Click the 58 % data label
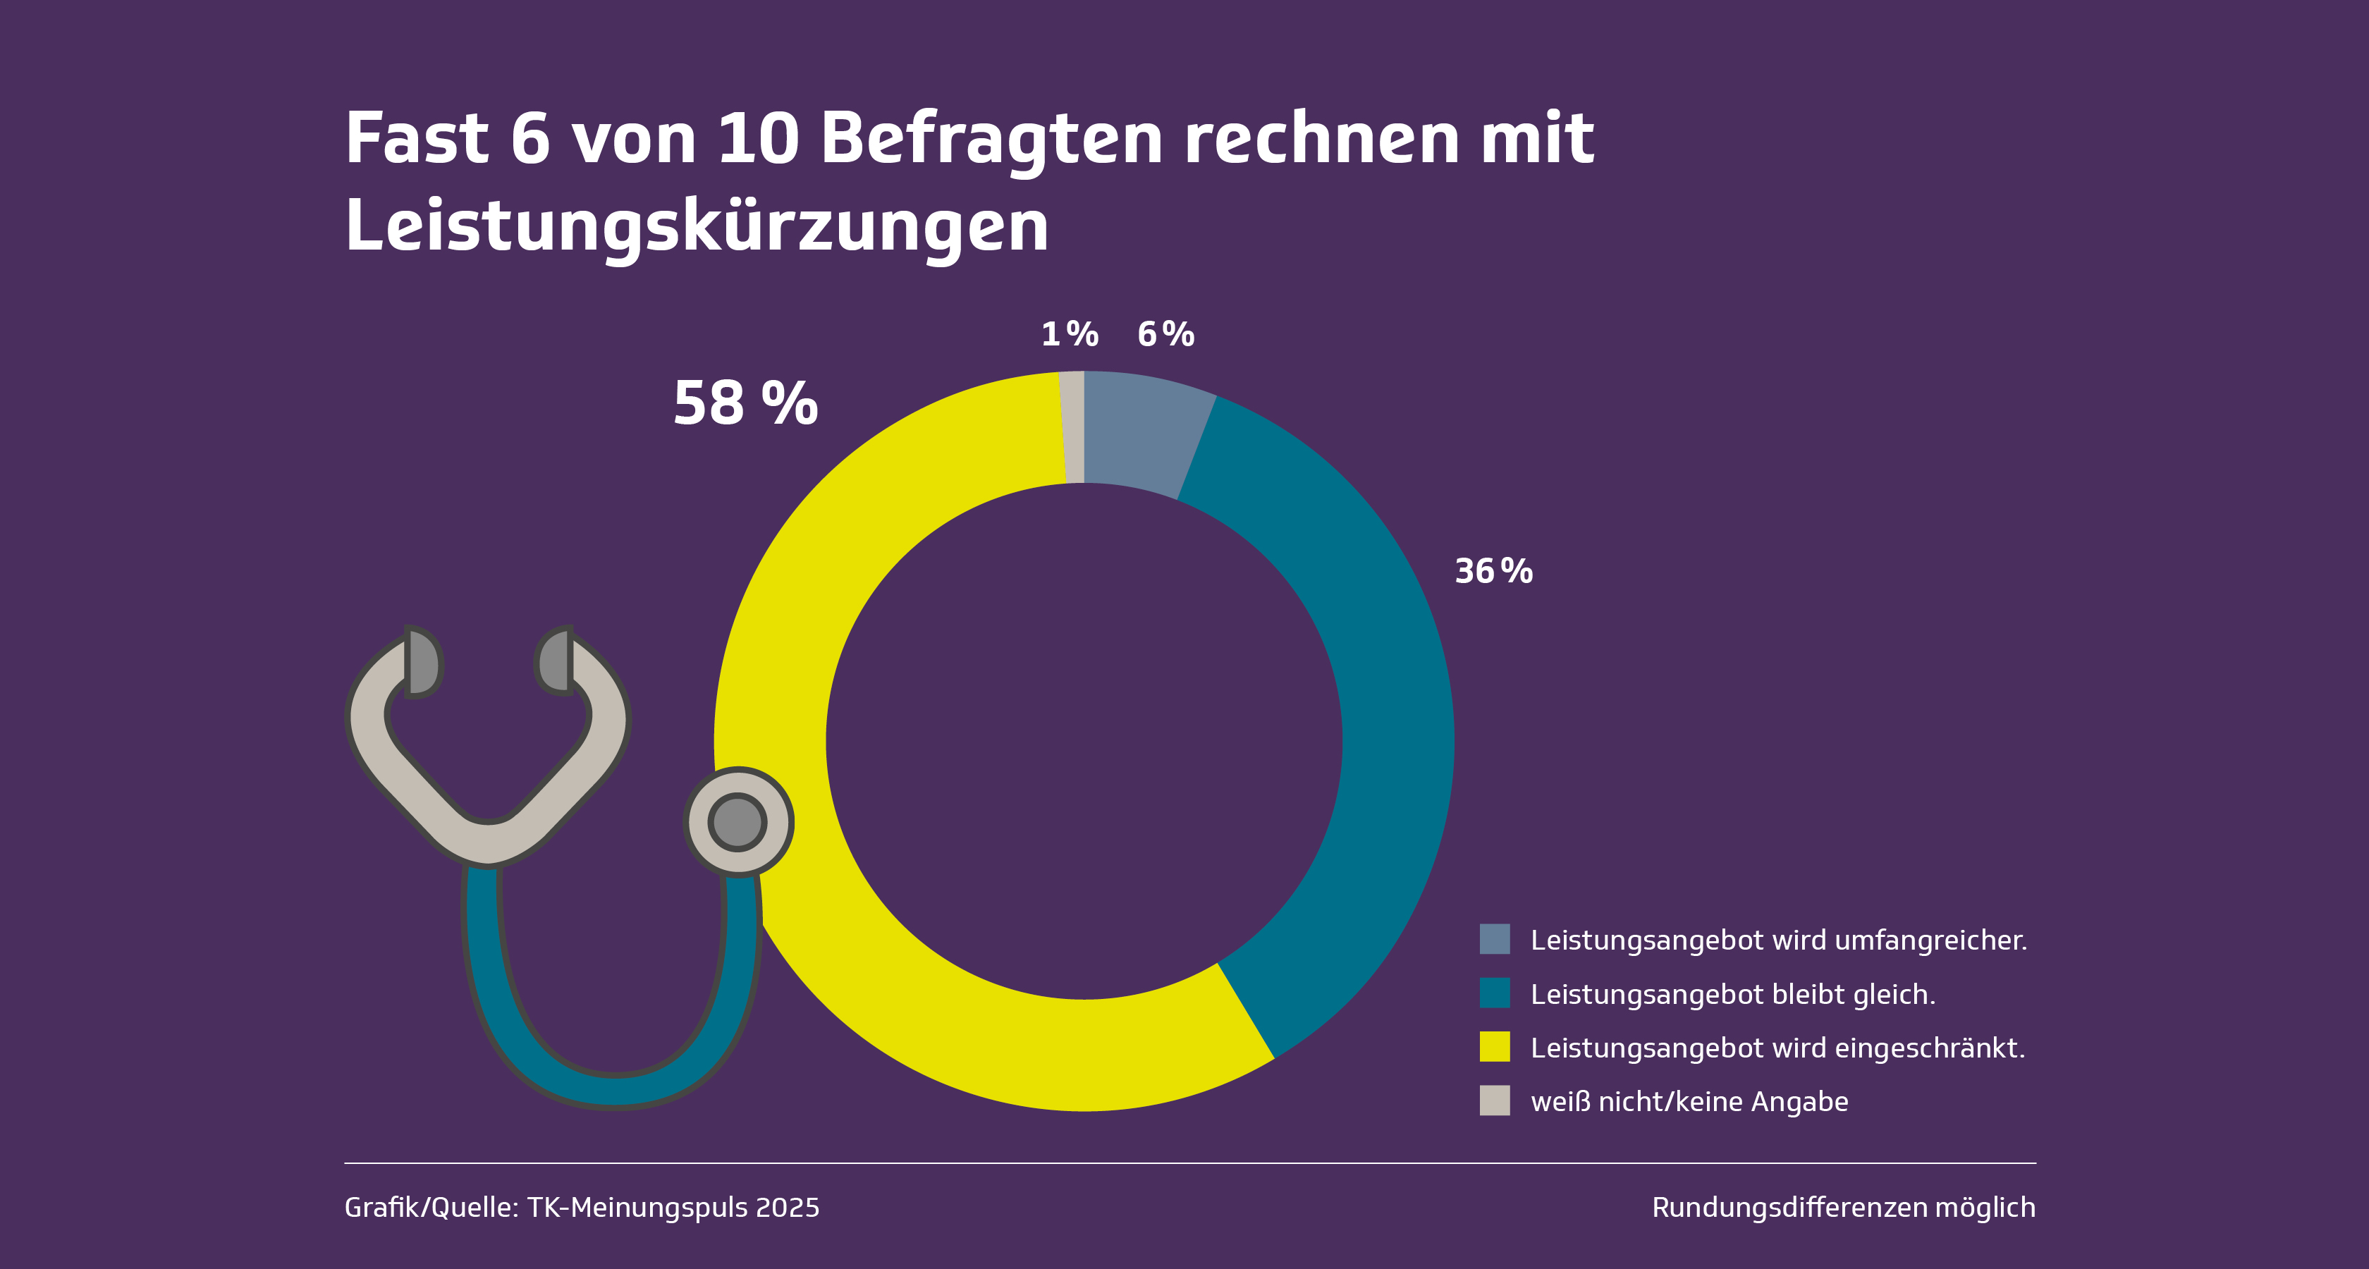[x=745, y=404]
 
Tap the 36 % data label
[x=1493, y=571]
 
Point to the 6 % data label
[x=1165, y=333]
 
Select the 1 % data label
[x=1070, y=333]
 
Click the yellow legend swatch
[x=1495, y=1046]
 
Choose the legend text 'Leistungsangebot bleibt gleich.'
[x=1732, y=994]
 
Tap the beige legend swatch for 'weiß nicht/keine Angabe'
[x=1495, y=1101]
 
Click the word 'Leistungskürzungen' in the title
[x=696, y=226]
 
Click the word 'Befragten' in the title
[x=991, y=139]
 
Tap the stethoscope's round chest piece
[x=737, y=821]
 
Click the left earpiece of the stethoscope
[x=422, y=663]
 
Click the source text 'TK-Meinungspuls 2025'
[x=672, y=1208]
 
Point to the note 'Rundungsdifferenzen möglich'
[x=1843, y=1208]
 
